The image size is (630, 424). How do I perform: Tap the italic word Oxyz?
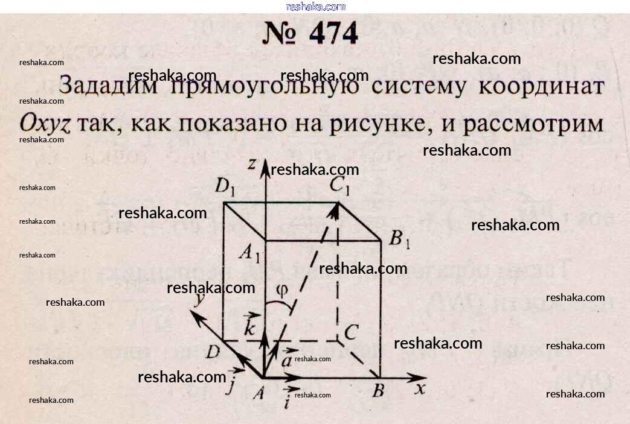click(45, 124)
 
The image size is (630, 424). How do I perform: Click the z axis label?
click(252, 163)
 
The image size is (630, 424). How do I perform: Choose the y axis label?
click(197, 300)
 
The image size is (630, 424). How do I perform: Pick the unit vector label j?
click(230, 384)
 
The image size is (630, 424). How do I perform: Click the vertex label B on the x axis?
click(378, 391)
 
